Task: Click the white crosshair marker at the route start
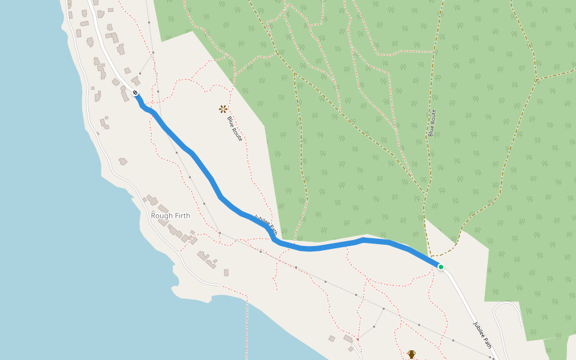(136, 93)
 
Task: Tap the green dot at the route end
(440, 267)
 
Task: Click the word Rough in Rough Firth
(161, 215)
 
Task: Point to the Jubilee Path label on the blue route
(266, 224)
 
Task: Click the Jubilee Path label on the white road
(482, 335)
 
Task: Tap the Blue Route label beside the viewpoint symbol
(235, 128)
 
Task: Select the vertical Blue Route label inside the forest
(432, 123)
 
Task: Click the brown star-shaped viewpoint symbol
(223, 109)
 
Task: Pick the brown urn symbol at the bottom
(412, 355)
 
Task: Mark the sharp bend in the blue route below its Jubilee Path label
(274, 240)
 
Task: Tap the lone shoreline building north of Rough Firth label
(123, 161)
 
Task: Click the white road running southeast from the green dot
(462, 297)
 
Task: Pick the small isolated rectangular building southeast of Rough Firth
(226, 272)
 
